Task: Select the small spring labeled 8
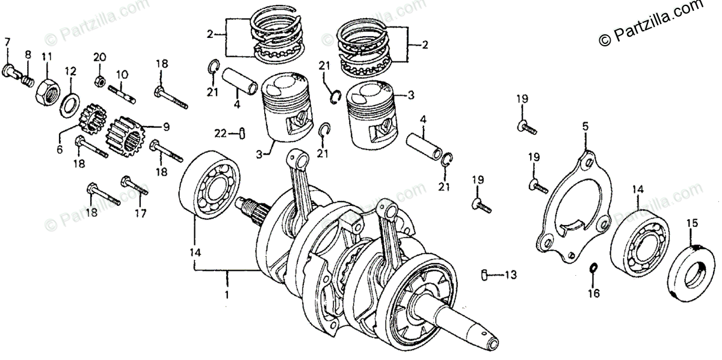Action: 26,79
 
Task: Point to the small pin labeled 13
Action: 484,276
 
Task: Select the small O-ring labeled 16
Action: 593,268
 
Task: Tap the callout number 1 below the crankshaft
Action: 227,296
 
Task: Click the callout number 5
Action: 585,126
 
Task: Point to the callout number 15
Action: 693,223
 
